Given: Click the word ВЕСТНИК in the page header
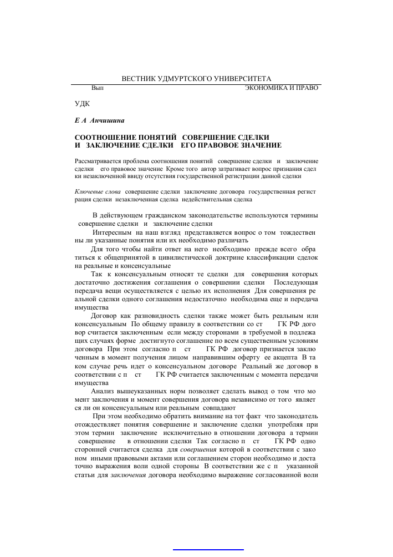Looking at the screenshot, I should (139, 79).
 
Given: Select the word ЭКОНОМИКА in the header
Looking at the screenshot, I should (267, 88).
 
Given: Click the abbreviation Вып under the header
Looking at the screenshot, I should (98, 88).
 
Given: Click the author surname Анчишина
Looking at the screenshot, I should (110, 119).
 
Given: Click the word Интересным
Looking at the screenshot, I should (110, 232).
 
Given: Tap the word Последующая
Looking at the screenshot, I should (296, 283).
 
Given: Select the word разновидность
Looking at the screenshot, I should (142, 315).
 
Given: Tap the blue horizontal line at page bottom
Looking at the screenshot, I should (208, 550).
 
